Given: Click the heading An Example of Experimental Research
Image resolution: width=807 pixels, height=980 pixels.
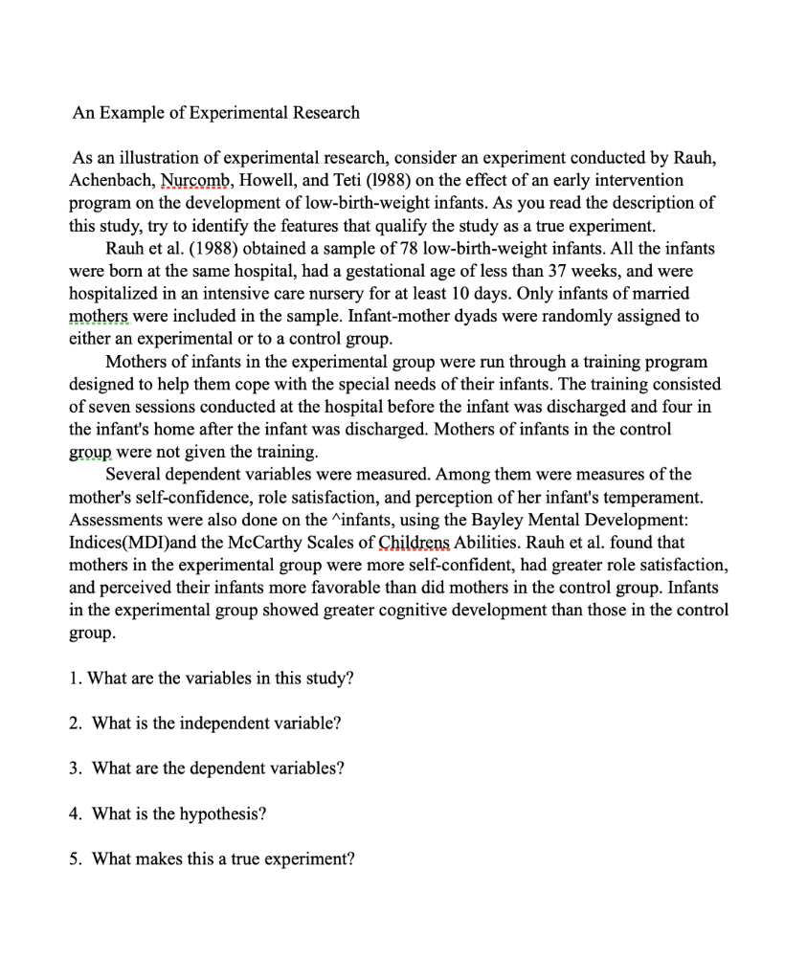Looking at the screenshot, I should click(216, 113).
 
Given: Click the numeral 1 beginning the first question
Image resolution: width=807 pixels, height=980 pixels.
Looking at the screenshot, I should click(74, 679).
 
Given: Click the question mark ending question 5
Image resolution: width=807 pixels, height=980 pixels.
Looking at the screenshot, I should click(350, 859).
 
